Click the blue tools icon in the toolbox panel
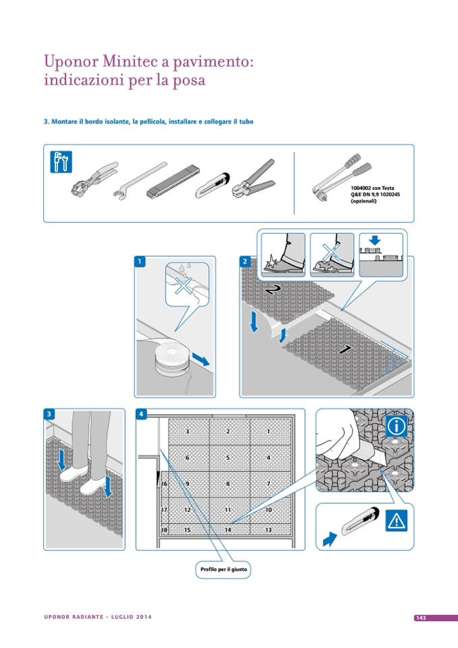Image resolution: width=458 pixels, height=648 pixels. click(x=61, y=161)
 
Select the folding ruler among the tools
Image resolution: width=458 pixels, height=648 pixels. click(x=171, y=181)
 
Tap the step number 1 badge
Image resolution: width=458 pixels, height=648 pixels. click(x=140, y=261)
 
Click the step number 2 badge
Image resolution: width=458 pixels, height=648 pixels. click(x=245, y=261)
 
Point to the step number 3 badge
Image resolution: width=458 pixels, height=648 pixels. click(x=49, y=414)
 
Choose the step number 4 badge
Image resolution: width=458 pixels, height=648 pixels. click(x=141, y=414)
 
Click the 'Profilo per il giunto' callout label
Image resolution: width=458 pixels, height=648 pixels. click(x=224, y=570)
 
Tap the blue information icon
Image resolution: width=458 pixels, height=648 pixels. click(x=396, y=426)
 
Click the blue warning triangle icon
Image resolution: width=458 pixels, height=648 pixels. click(x=396, y=520)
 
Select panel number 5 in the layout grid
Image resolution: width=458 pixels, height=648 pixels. click(x=228, y=458)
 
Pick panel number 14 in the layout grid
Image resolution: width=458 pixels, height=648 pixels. click(x=228, y=530)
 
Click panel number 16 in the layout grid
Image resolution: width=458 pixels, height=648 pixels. click(x=164, y=484)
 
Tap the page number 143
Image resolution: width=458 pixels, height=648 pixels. click(x=421, y=618)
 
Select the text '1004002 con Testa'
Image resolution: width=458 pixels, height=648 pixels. click(x=372, y=188)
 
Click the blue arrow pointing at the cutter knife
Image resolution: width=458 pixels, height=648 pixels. click(x=330, y=539)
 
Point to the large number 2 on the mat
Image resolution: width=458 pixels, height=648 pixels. click(x=272, y=290)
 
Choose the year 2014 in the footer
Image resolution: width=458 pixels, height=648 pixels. click(x=143, y=617)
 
